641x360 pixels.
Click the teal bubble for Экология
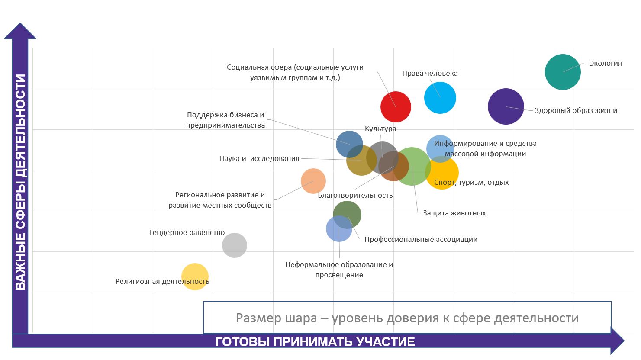[562, 72]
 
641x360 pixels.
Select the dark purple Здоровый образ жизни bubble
[506, 106]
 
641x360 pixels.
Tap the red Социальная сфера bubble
[396, 106]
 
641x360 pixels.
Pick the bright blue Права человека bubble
[440, 98]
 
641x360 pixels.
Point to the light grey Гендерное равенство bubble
[234, 245]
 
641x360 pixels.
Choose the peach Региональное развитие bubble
[313, 181]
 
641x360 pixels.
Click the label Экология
[605, 63]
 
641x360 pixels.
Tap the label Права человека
[429, 73]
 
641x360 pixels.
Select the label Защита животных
[454, 213]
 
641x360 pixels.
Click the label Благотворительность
[355, 195]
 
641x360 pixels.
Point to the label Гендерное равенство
[187, 232]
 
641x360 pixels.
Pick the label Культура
[380, 129]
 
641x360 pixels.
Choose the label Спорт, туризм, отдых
[471, 182]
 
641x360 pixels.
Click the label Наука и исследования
[259, 158]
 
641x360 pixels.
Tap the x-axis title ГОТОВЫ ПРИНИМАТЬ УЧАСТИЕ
[315, 342]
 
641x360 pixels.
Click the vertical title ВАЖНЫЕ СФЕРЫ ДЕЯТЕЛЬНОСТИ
[20, 182]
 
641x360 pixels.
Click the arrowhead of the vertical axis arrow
[20, 31]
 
